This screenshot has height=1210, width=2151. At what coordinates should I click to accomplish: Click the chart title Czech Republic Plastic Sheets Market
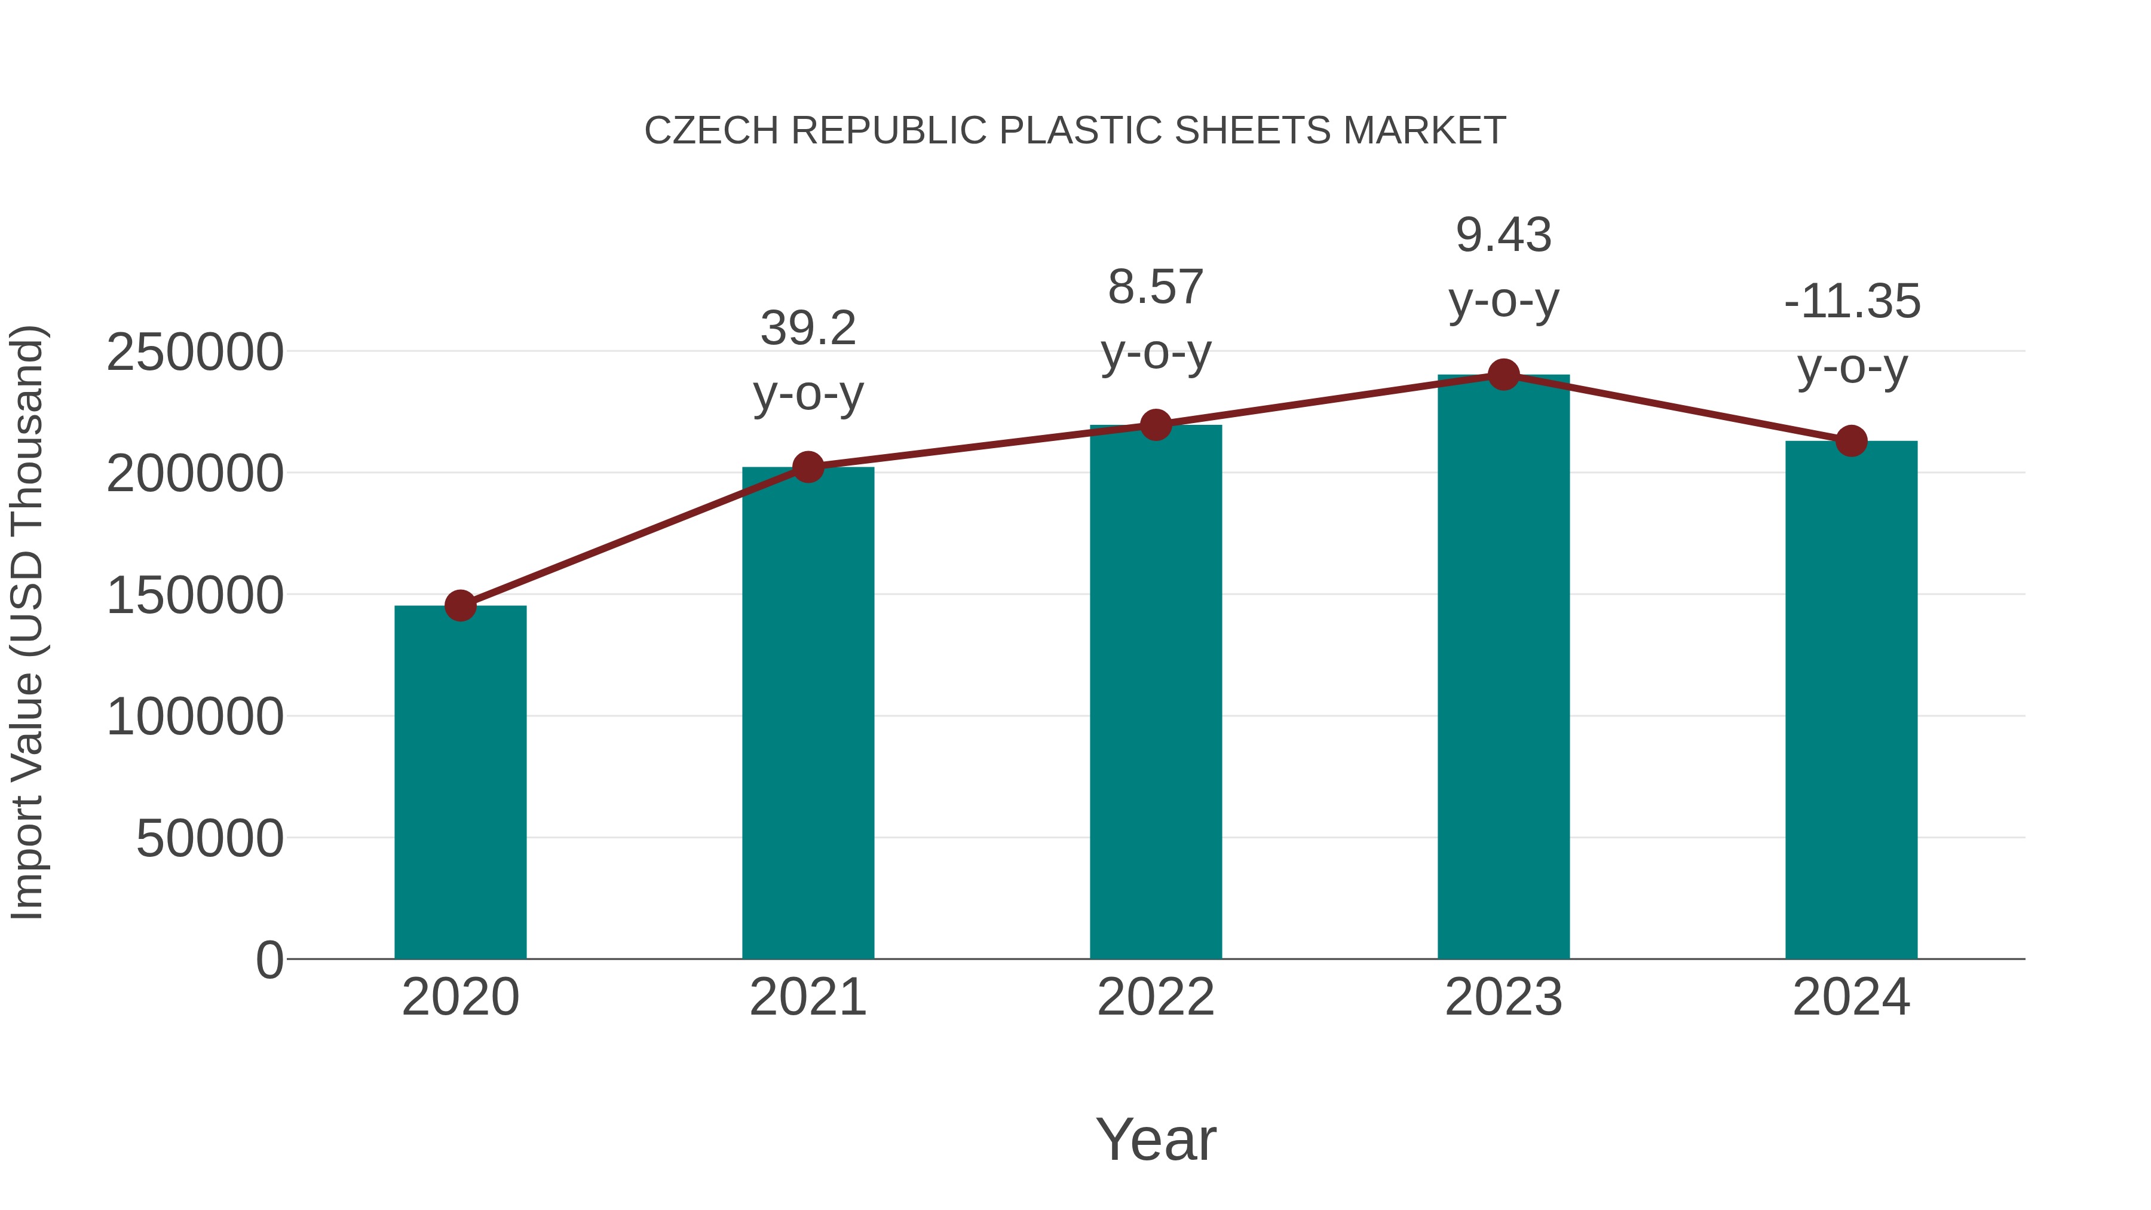(1075, 131)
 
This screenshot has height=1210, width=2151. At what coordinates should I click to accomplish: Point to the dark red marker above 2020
(460, 605)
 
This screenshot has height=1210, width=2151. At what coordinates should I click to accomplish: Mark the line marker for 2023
(1503, 375)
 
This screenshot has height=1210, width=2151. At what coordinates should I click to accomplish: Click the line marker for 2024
(1851, 441)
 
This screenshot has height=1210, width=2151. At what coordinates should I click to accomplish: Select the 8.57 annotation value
(1156, 287)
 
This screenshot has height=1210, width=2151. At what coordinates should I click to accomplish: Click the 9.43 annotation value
(1503, 235)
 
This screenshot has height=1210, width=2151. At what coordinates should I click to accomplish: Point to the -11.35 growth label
(1851, 302)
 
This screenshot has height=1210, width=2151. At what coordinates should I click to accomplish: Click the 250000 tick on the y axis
(195, 353)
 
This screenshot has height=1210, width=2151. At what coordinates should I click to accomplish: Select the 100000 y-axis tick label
(195, 717)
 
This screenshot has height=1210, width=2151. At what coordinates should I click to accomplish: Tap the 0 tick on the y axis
(269, 960)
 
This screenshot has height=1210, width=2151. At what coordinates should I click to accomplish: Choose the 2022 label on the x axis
(1156, 997)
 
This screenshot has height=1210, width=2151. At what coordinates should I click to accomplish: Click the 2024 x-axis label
(1851, 997)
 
